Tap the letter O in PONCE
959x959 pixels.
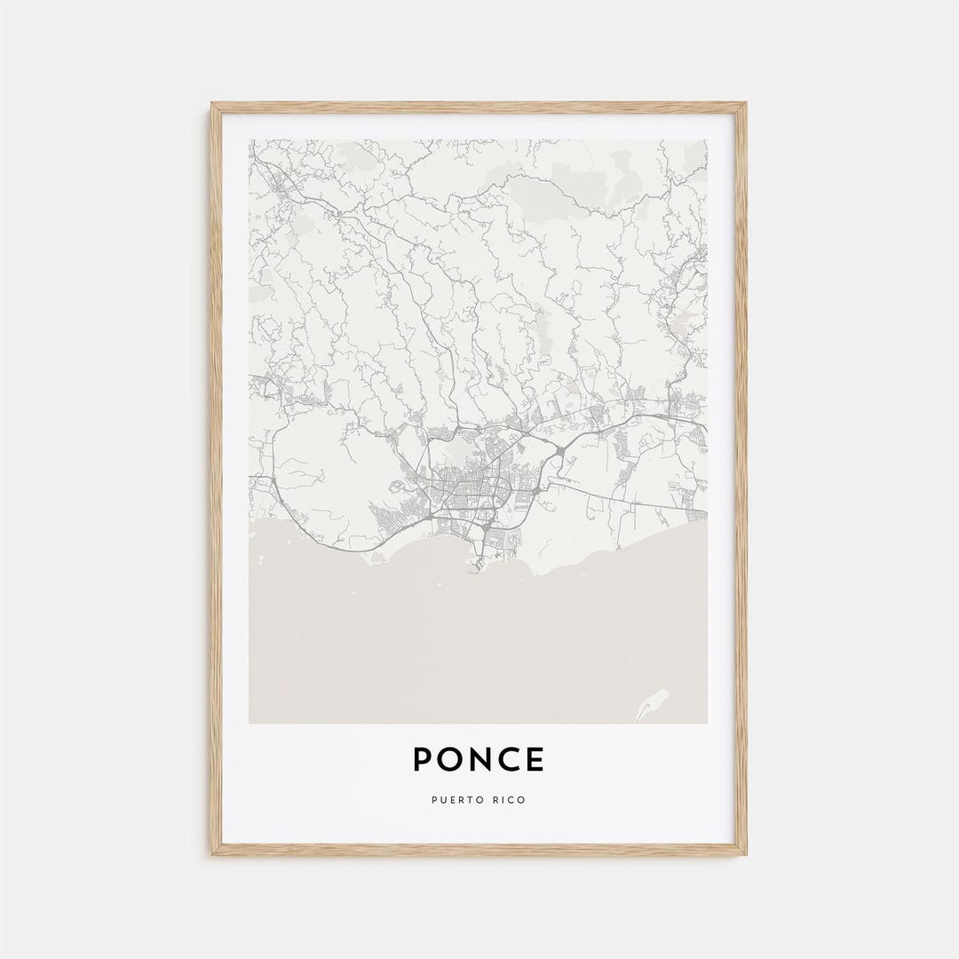coord(451,760)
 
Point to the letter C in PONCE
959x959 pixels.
coord(509,760)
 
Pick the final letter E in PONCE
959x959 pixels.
coord(534,760)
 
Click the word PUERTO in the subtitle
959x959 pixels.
coord(455,800)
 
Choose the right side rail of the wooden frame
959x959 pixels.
coord(741,479)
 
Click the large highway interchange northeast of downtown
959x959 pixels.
coord(561,455)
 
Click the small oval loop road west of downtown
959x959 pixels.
coord(394,486)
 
